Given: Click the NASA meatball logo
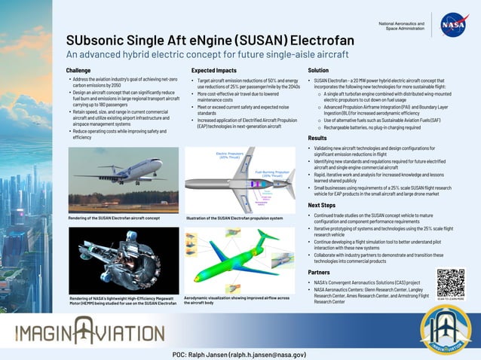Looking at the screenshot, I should (455, 25).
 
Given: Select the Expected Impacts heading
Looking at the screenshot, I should (213, 70).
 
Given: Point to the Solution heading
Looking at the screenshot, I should (318, 70).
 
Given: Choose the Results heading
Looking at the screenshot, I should (317, 139).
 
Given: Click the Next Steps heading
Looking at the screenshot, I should (322, 205).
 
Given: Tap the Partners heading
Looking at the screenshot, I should (320, 272).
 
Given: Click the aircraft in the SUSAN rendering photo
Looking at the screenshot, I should (121, 172).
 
